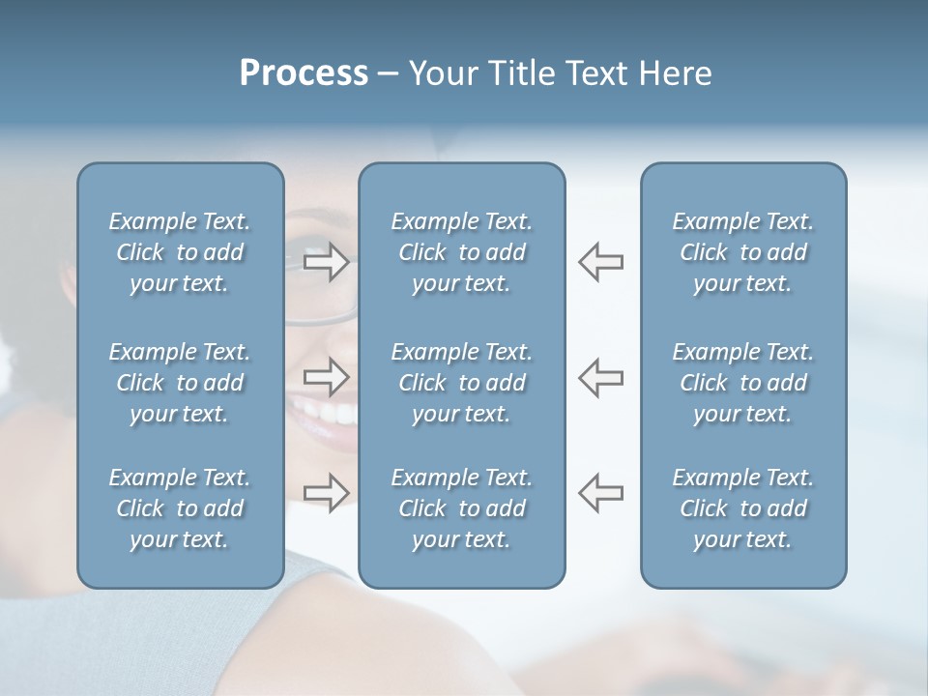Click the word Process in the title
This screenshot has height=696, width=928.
click(x=304, y=73)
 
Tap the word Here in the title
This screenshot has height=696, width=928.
click(x=675, y=73)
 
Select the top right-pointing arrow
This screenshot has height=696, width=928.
click(x=326, y=262)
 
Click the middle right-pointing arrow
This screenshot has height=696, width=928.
click(x=326, y=377)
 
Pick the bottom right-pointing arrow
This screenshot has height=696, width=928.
click(x=326, y=493)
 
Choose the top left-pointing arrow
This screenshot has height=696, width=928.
click(x=600, y=262)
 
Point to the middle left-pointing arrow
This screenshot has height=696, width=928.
click(x=600, y=377)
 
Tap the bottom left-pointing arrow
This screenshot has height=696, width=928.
click(x=600, y=493)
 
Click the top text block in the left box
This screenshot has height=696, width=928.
click(x=180, y=252)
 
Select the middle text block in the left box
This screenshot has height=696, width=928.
click(x=180, y=383)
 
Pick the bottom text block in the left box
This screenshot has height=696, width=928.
click(x=180, y=508)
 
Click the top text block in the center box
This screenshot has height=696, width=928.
click(x=461, y=252)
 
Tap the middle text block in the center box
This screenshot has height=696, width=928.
click(x=461, y=383)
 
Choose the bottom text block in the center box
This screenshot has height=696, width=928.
click(x=461, y=508)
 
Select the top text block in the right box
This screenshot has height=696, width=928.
click(x=742, y=252)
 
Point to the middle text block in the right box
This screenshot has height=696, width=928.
click(x=742, y=383)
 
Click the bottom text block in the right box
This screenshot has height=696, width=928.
click(x=742, y=508)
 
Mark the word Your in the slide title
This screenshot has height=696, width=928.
click(x=443, y=73)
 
